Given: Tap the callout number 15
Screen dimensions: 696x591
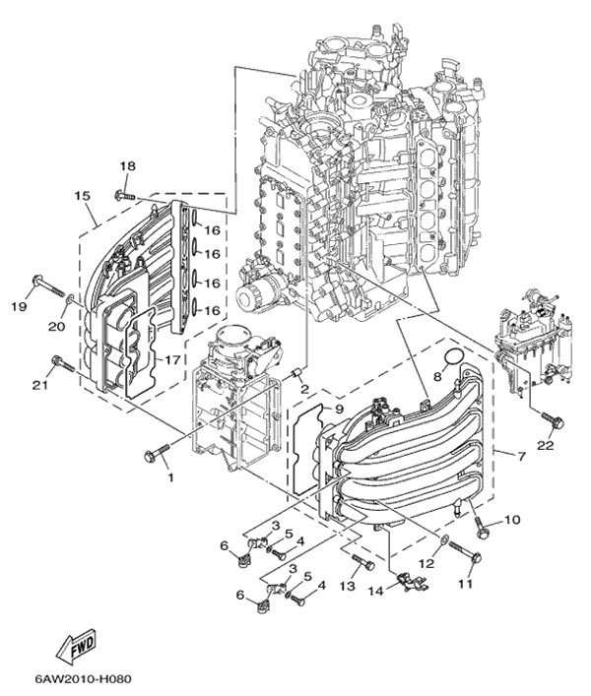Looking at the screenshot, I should pyautogui.click(x=82, y=196).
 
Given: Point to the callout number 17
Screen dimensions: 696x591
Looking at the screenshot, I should pyautogui.click(x=171, y=360).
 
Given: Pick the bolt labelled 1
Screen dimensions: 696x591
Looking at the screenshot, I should pyautogui.click(x=155, y=455).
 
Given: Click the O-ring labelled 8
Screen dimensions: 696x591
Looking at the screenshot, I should pyautogui.click(x=453, y=356).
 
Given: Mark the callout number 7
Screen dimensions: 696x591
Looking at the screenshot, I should pyautogui.click(x=507, y=455).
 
